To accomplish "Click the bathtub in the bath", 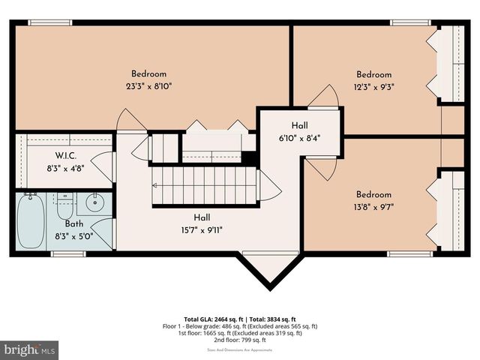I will [x=32, y=223].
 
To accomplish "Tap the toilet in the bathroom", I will [x=64, y=203].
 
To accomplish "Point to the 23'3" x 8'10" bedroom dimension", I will [x=148, y=86].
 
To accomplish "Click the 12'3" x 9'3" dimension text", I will [x=373, y=86].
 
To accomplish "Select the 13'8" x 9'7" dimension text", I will [x=373, y=206].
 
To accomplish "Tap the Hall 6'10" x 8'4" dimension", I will [x=299, y=137].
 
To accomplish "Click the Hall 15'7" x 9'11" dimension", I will [x=202, y=230].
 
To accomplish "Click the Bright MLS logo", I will [x=29, y=349].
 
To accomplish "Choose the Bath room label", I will [x=73, y=223].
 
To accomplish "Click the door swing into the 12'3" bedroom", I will [x=325, y=97].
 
